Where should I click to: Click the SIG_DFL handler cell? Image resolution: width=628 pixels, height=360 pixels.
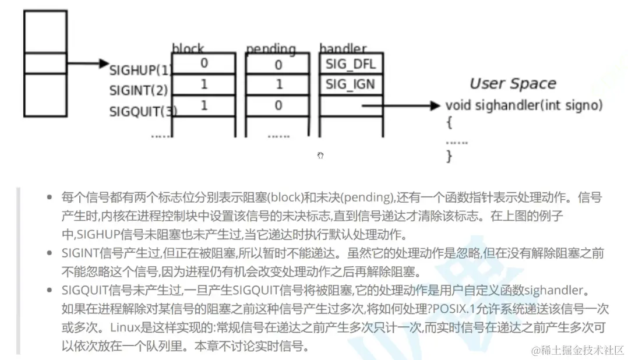(351, 63)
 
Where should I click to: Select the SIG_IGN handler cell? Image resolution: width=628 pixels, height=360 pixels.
(351, 84)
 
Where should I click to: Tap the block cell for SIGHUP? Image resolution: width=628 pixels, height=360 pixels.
(203, 63)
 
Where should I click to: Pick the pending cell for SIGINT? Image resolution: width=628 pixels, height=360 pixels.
(278, 84)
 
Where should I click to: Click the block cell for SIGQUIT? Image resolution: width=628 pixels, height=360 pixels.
(203, 105)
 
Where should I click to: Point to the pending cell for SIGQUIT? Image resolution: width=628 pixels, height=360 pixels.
(278, 105)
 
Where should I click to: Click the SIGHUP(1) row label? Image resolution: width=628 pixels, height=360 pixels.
(140, 70)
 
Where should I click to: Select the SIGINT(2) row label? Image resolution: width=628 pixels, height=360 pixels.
(139, 91)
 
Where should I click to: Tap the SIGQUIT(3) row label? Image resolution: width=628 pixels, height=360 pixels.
(143, 111)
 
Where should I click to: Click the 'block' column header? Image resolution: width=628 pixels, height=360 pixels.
(188, 49)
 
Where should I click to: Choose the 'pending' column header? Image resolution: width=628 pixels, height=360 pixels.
(271, 49)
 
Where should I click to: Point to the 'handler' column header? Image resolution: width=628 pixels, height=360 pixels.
(343, 49)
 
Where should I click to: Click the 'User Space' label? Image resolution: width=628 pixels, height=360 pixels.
(513, 84)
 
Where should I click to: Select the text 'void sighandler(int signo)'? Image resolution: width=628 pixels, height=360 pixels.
(524, 105)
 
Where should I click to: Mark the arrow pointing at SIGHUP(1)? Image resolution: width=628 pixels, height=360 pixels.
(87, 63)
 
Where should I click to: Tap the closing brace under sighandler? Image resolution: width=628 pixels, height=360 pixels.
(449, 156)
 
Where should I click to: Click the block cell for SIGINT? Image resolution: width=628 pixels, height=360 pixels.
(203, 84)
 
